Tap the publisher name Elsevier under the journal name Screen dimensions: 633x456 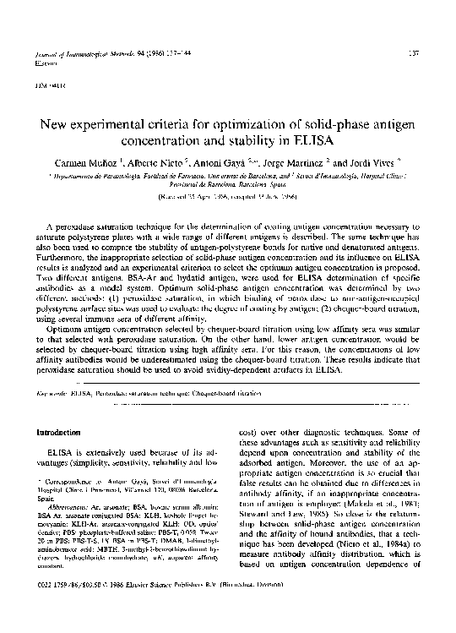click(45, 63)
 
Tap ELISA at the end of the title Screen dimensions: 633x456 click(318, 139)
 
